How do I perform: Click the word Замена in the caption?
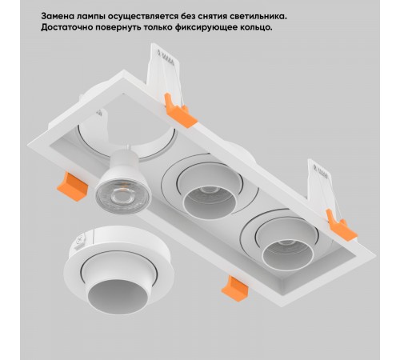[57, 16]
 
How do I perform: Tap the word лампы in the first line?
[90, 17]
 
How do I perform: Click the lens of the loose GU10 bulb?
[123, 198]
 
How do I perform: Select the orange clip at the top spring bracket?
[180, 111]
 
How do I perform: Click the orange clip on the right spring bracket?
[341, 226]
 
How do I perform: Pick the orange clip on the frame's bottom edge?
[235, 289]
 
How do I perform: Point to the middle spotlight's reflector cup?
[210, 202]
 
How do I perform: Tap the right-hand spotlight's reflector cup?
[288, 254]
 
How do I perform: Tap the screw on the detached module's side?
[80, 240]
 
